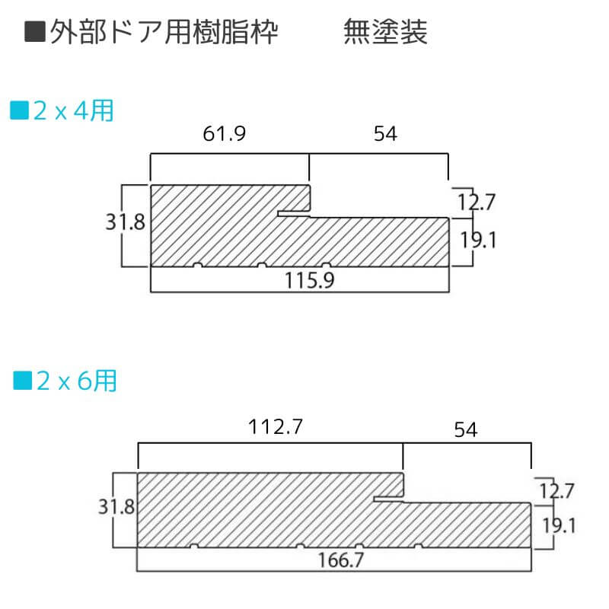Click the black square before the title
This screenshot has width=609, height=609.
pyautogui.click(x=33, y=32)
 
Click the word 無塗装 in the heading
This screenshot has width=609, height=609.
pyautogui.click(x=385, y=32)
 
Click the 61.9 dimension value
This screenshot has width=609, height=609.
pyautogui.click(x=225, y=134)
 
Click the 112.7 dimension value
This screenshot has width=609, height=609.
pyautogui.click(x=276, y=428)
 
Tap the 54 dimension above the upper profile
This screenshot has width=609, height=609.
pyautogui.click(x=385, y=134)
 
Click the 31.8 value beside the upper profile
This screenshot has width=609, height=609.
pyautogui.click(x=126, y=223)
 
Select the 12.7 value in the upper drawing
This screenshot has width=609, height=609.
pyautogui.click(x=477, y=202)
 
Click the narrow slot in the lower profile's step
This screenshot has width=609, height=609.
pyautogui.click(x=388, y=499)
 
